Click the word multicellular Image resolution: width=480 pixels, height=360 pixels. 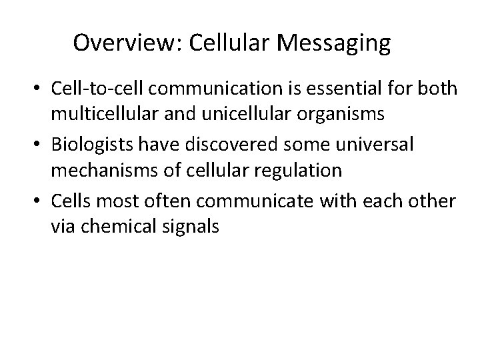(103, 114)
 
